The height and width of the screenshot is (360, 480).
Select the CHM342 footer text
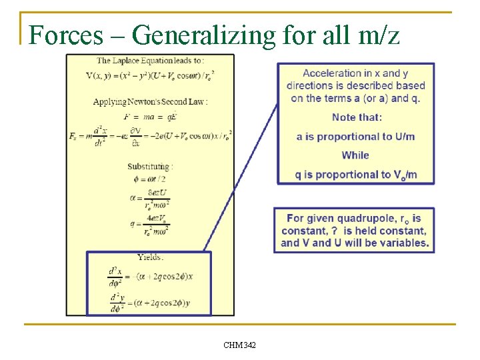(x=239, y=345)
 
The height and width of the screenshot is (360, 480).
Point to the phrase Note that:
(x=357, y=117)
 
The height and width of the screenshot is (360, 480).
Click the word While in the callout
(x=355, y=155)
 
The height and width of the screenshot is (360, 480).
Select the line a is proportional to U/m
(x=355, y=137)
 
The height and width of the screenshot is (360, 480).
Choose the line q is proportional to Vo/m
(x=355, y=175)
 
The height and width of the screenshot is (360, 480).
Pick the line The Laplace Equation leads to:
(x=150, y=61)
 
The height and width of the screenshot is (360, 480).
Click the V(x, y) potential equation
(x=150, y=75)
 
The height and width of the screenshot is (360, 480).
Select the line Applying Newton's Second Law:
(x=150, y=102)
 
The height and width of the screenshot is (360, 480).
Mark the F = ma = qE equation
(x=150, y=116)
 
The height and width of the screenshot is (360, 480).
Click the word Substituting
(x=150, y=166)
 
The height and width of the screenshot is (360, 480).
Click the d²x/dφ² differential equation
(x=150, y=276)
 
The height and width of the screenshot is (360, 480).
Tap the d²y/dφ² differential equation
(x=150, y=302)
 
